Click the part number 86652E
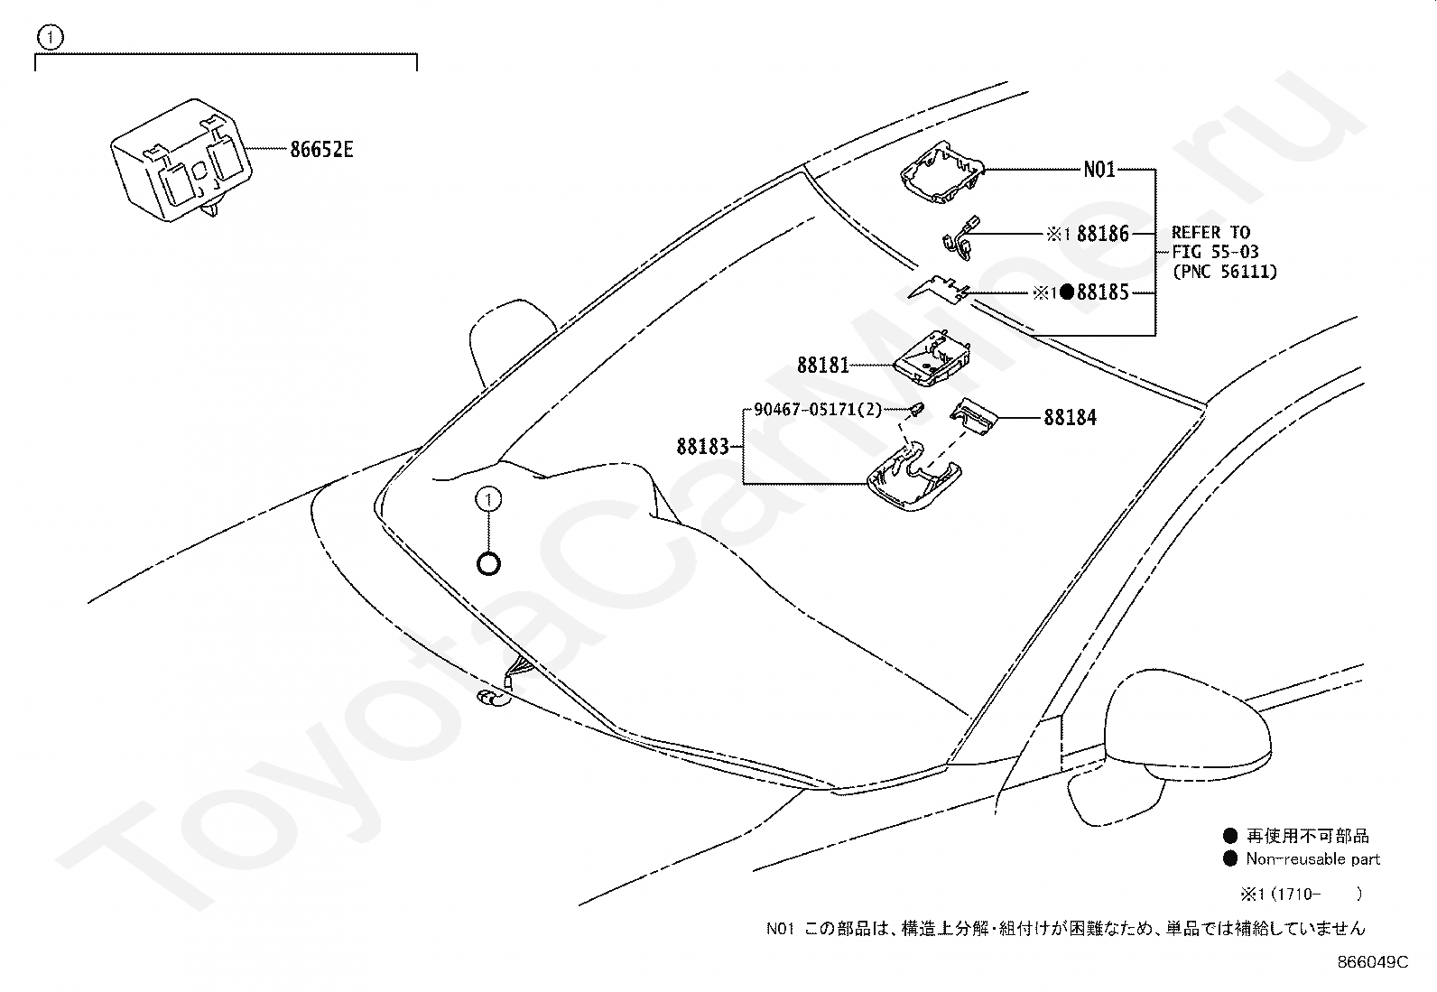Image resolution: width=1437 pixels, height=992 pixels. (x=321, y=150)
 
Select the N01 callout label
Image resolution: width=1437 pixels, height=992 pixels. (x=1099, y=169)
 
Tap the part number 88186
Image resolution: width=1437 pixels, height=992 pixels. (x=1103, y=234)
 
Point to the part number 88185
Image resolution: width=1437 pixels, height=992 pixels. (x=1103, y=292)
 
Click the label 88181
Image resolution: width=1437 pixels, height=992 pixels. (x=822, y=366)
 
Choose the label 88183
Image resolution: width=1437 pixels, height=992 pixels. (x=702, y=446)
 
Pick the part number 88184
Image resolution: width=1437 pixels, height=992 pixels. (x=1071, y=417)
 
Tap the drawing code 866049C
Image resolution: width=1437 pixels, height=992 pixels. (x=1372, y=962)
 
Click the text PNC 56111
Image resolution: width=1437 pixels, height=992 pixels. (x=1225, y=271)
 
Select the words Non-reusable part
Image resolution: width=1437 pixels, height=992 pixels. (x=1313, y=859)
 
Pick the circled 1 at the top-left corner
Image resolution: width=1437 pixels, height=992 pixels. (x=51, y=37)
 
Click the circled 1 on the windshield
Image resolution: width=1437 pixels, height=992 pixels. (x=488, y=499)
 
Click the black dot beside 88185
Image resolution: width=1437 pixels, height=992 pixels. (x=1067, y=292)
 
